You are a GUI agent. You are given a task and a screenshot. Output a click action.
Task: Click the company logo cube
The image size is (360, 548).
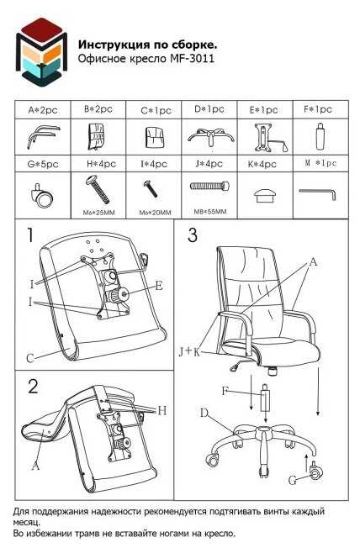pos(41,50)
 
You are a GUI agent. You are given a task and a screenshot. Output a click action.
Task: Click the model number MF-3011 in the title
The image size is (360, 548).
pos(192,58)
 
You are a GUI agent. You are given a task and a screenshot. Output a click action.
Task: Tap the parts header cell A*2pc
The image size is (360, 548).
pos(43,110)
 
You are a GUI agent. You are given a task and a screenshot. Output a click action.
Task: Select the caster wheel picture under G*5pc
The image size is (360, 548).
pos(42,195)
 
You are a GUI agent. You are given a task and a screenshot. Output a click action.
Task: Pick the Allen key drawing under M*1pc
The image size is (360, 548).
pos(318,193)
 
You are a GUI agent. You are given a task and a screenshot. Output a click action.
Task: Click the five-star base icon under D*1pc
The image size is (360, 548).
pos(210,137)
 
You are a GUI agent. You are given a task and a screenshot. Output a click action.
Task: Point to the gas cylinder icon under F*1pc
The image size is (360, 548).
pos(320,136)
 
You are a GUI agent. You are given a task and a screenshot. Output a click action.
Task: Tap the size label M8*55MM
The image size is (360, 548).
pos(210,212)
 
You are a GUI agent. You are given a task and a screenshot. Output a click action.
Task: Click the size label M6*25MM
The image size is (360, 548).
pos(99,212)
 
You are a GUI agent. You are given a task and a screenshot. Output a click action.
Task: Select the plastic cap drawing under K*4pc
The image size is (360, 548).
pos(264,195)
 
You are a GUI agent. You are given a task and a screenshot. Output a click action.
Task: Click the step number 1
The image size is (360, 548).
pos(31,234)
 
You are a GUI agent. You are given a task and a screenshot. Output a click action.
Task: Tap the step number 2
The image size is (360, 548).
pos(33,386)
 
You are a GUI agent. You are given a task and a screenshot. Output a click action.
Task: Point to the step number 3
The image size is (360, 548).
pos(193,234)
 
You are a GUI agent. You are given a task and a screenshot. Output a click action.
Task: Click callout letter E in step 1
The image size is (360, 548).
pos(159,286)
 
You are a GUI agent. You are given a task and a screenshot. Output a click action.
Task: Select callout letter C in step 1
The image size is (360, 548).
pos(30,358)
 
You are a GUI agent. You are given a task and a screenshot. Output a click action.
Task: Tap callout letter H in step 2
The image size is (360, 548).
pos(162,410)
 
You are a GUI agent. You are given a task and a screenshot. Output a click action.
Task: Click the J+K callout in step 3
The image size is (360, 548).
pos(189,351)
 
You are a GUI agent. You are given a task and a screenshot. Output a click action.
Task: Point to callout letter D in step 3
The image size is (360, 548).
pos(204,413)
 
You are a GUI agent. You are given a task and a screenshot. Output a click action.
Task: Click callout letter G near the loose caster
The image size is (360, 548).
pos(294,480)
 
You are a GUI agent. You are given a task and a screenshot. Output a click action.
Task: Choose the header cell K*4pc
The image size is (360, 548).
pos(262,164)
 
